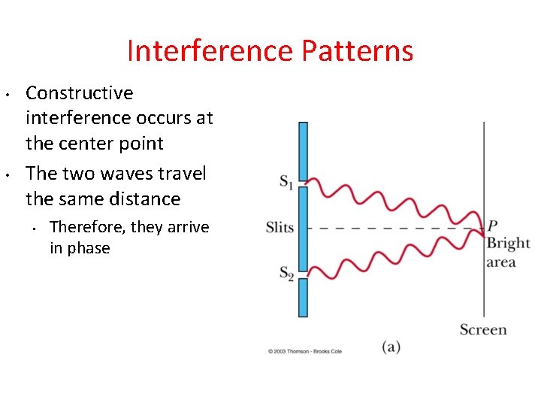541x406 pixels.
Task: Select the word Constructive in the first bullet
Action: tap(79, 93)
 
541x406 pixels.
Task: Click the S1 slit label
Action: tap(286, 181)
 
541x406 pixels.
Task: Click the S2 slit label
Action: tap(286, 274)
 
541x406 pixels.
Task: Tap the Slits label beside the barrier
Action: tap(280, 227)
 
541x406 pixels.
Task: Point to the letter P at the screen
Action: tap(492, 226)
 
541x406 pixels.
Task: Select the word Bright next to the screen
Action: tap(507, 244)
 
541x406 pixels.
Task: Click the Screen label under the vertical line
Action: tap(483, 329)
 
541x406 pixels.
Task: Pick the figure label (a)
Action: tap(391, 347)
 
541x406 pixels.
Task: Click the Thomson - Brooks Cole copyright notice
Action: tap(305, 351)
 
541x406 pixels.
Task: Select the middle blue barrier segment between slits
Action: tap(303, 227)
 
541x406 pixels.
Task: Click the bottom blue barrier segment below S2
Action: tap(303, 298)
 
